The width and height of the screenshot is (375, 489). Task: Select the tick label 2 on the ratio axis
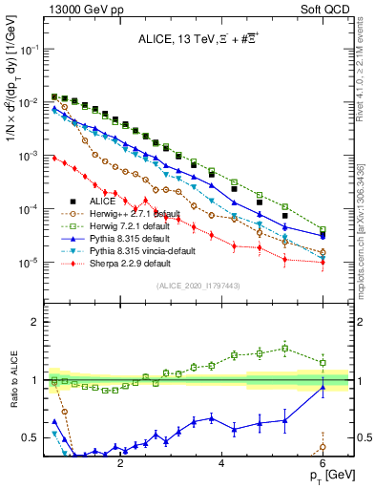(36, 322)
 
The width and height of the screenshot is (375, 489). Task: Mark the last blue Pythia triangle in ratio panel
(323, 387)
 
